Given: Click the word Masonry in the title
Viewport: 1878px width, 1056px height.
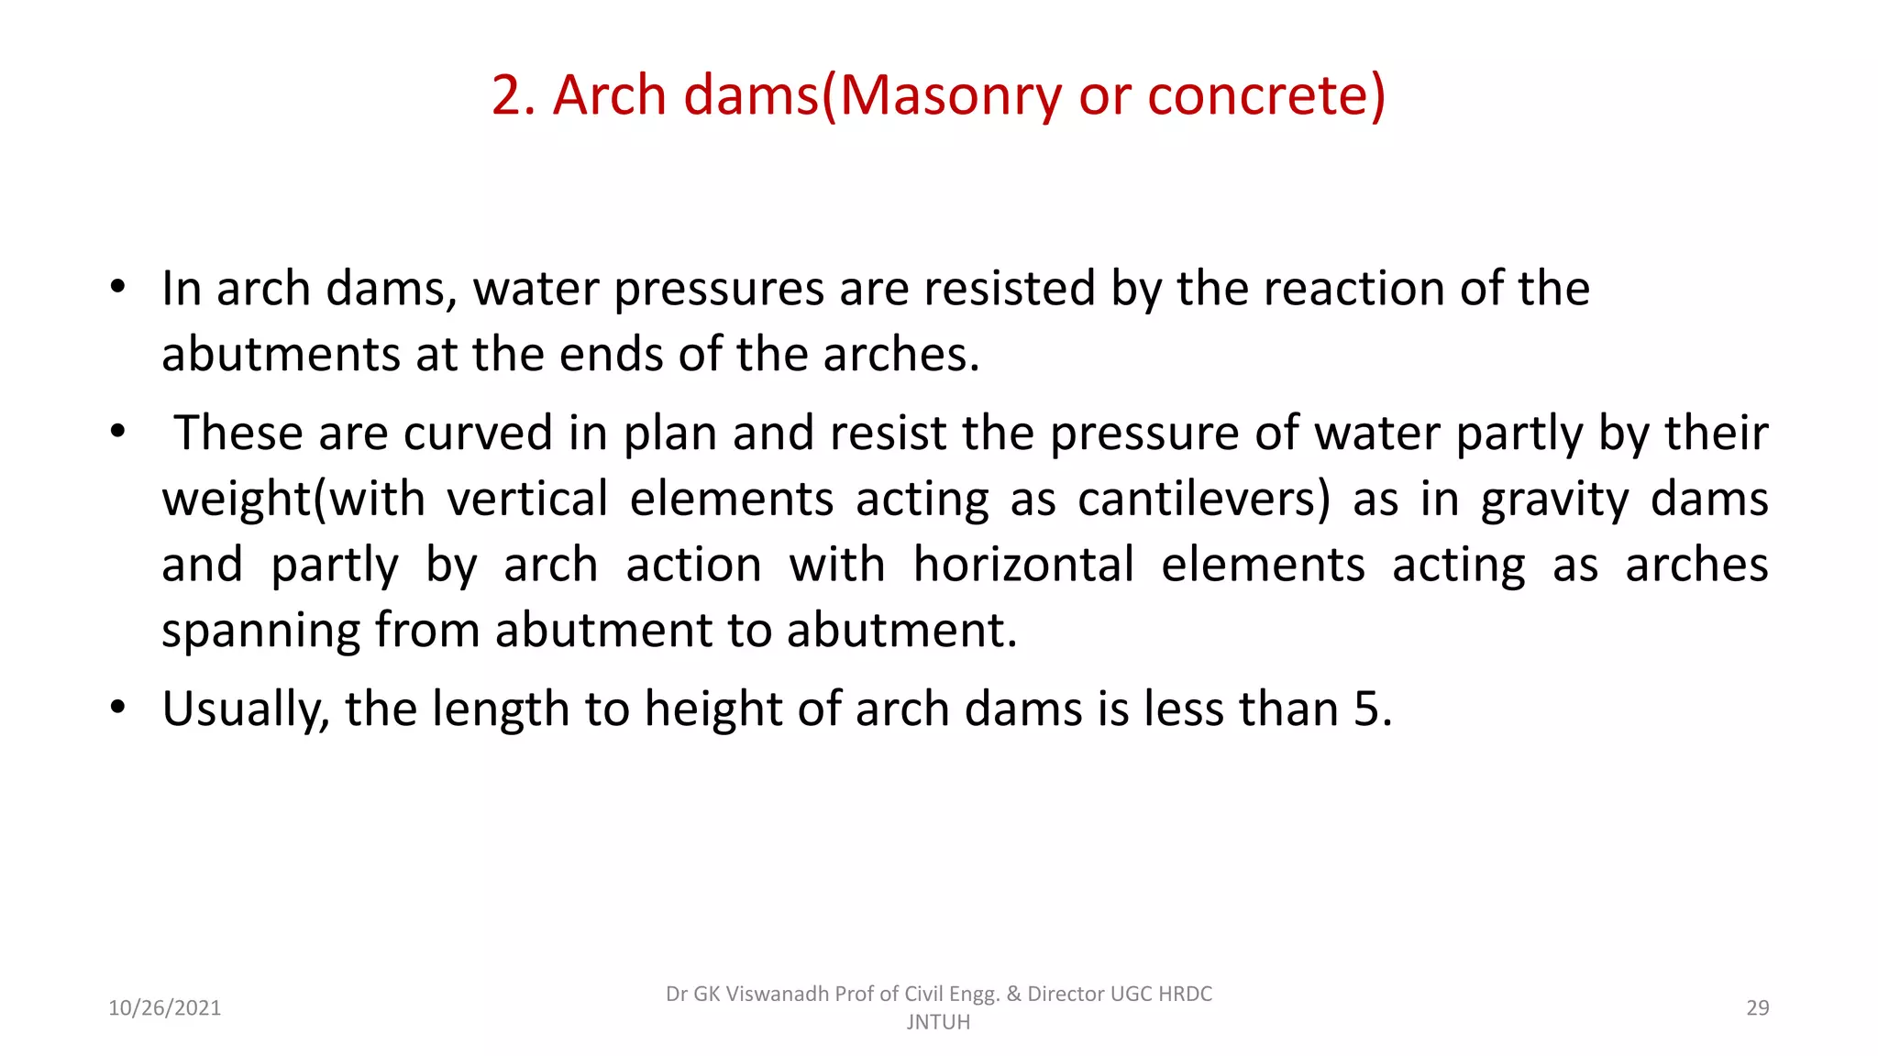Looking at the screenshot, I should point(950,96).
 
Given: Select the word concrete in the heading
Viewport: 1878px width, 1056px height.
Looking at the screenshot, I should point(1260,95).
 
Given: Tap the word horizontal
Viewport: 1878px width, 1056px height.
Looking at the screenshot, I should point(1023,565).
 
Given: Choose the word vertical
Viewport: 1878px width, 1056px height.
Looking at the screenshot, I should point(527,500).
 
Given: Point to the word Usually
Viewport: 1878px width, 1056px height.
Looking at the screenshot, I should point(245,710).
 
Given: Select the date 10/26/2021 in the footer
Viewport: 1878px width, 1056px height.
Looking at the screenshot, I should point(165,1008).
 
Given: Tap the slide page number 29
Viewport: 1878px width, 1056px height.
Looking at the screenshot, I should point(1757,1008).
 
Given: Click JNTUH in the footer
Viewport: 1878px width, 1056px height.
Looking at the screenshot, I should point(938,1022).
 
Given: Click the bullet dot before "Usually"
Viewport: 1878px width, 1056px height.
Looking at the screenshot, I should point(117,708).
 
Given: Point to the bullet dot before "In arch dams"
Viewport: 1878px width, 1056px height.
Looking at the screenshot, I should point(117,287).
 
